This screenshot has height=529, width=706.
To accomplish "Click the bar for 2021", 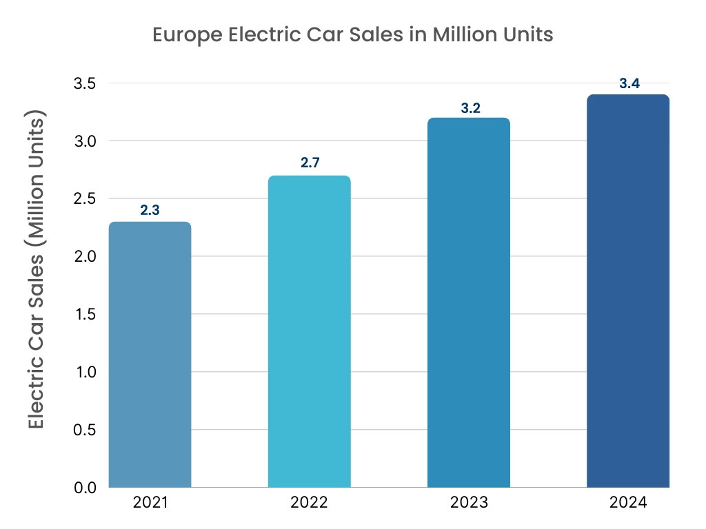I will [150, 354].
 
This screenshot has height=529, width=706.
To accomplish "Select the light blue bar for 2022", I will [309, 331].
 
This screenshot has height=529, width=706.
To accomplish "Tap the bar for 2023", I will [469, 302].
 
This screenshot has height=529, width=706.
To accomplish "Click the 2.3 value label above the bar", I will [150, 210].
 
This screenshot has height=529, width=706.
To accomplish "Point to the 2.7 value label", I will [309, 163].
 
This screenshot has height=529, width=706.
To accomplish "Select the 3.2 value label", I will [469, 107].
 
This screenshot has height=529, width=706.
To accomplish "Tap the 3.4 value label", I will [629, 83].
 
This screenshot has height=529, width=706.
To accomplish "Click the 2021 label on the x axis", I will [150, 503].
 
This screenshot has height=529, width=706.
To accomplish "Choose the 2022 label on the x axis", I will [309, 503].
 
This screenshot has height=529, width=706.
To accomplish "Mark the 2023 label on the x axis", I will [469, 503].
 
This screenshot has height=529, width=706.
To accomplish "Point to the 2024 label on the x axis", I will [628, 503].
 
